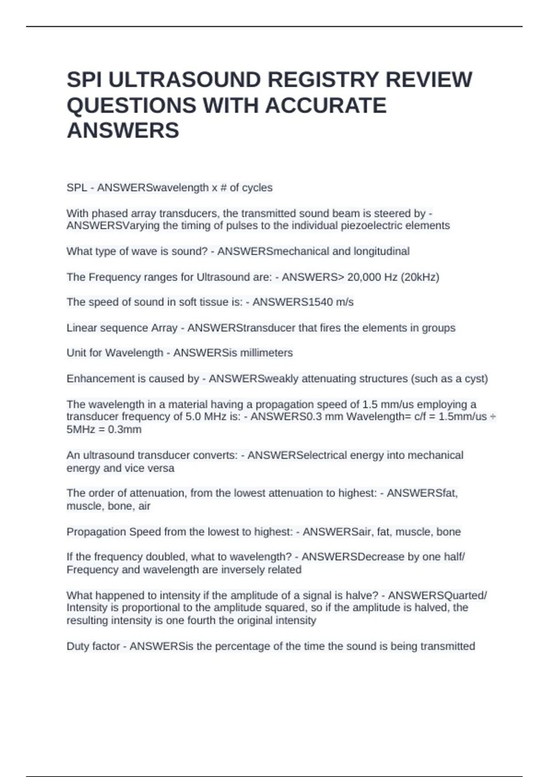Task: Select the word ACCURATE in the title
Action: point(326,106)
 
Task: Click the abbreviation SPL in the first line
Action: point(76,188)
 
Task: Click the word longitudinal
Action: point(382,251)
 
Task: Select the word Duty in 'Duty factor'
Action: point(77,646)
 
